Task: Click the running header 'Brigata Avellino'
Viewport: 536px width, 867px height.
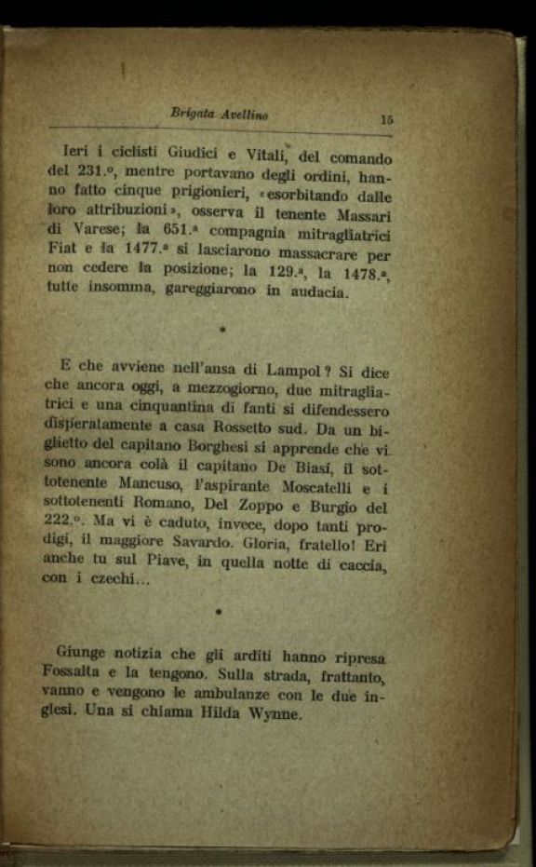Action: tap(220, 114)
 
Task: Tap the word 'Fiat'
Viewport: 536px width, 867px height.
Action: tap(64, 251)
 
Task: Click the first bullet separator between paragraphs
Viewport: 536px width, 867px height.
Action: tap(222, 331)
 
